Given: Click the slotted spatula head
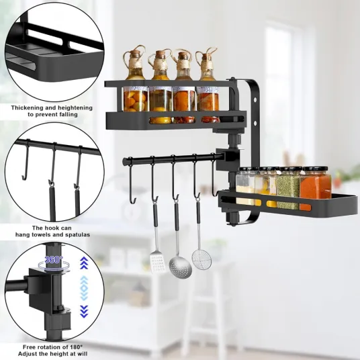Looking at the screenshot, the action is pyautogui.click(x=157, y=263).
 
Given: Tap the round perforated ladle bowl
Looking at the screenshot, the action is pyautogui.click(x=180, y=267).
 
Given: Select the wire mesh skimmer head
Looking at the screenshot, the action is pyautogui.click(x=201, y=259).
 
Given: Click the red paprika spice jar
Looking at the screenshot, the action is pyautogui.click(x=316, y=188).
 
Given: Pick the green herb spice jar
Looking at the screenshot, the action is pyautogui.click(x=288, y=187).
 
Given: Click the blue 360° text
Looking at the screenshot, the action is pyautogui.click(x=54, y=260).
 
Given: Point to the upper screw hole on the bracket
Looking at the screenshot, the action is pyautogui.click(x=255, y=100).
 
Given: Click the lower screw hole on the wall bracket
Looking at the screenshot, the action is pyautogui.click(x=255, y=124).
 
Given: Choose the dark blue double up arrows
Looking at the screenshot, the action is pyautogui.click(x=84, y=263).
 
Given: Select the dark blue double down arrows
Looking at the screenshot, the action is pyautogui.click(x=84, y=312).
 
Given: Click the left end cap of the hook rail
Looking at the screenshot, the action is pyautogui.click(x=124, y=161).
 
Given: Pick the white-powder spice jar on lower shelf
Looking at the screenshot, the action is pyautogui.click(x=246, y=187).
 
